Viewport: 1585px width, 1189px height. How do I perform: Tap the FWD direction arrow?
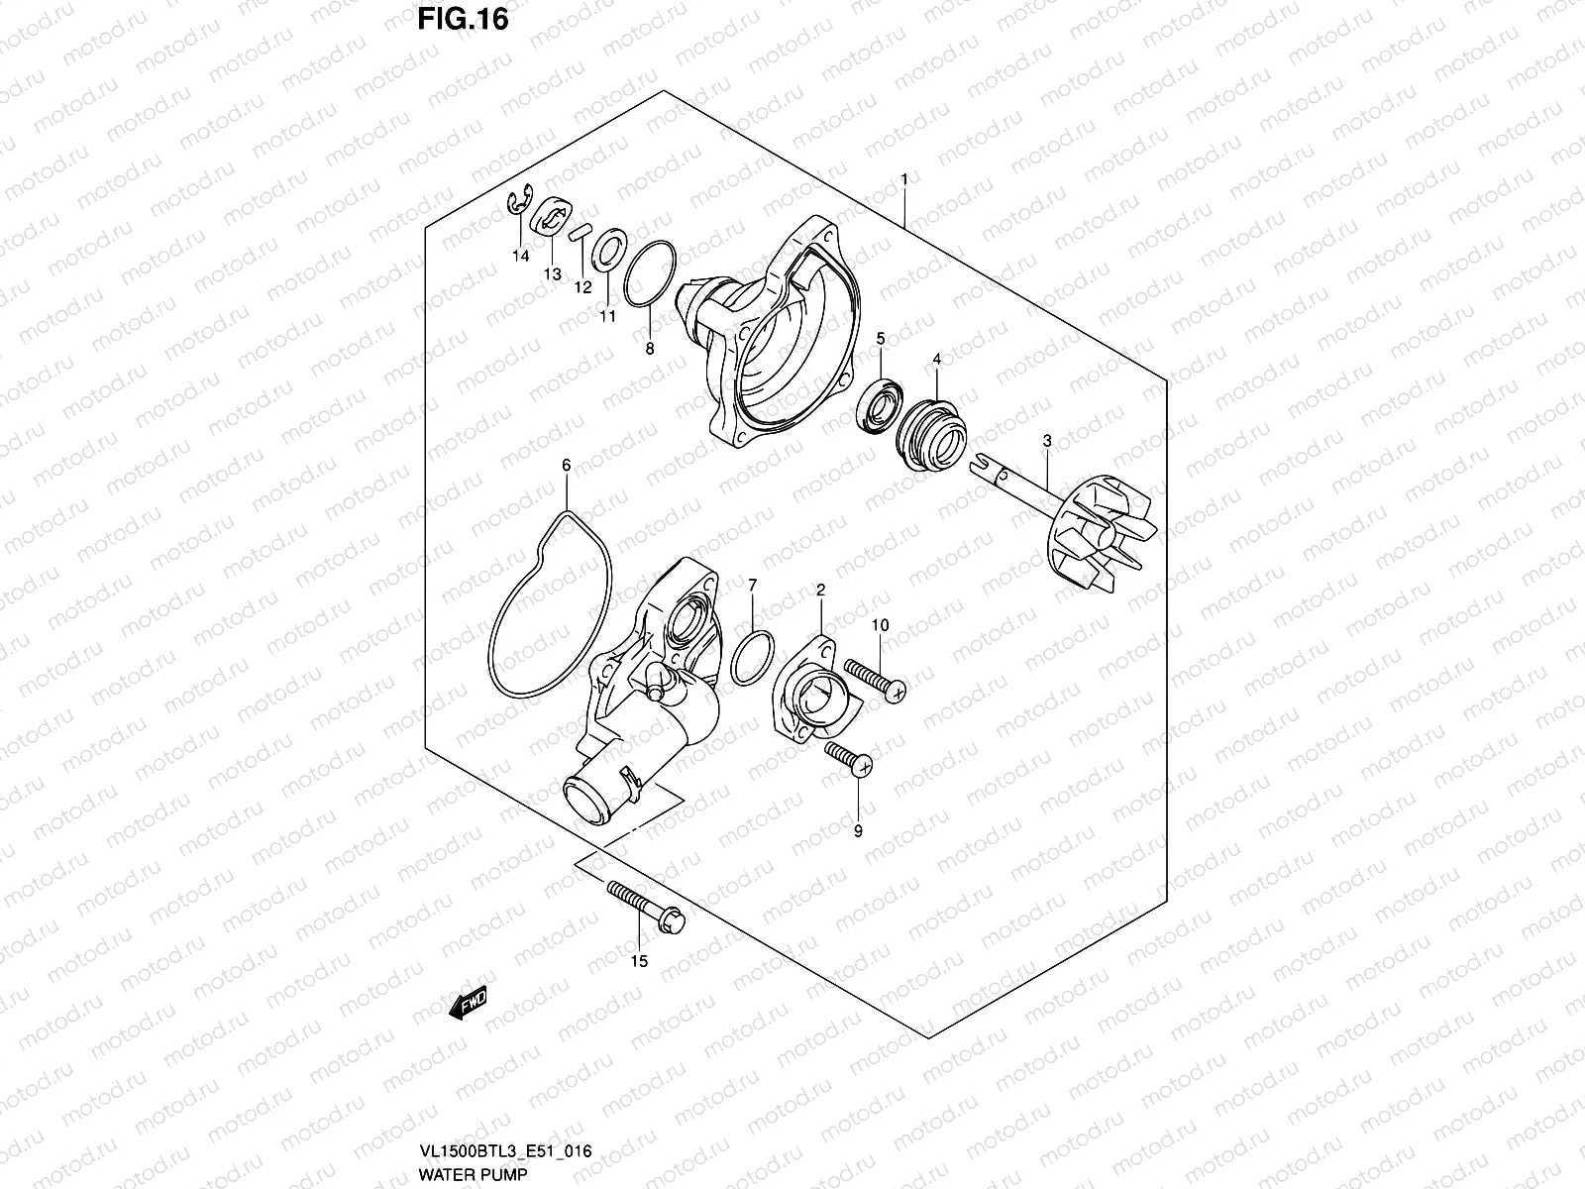pos(470,1007)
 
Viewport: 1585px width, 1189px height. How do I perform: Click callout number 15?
pos(639,961)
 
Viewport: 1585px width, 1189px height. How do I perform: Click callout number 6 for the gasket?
pos(567,465)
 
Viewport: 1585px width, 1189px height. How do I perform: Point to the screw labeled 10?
pos(876,680)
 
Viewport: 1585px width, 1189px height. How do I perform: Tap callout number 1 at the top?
pos(904,179)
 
